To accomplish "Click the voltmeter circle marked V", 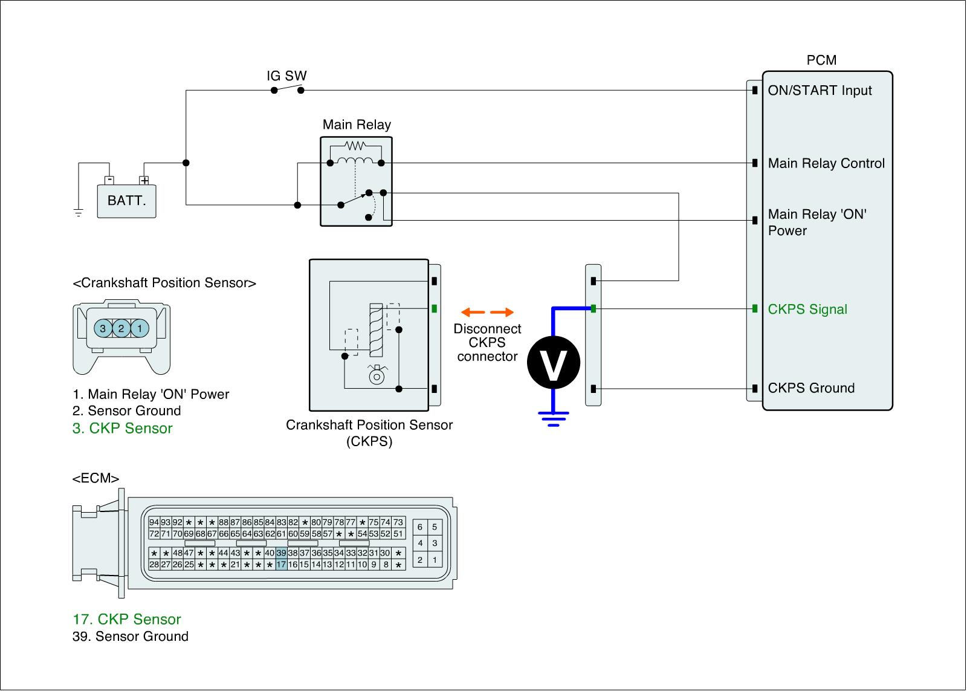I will click(x=553, y=363).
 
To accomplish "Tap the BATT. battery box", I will click(x=127, y=201).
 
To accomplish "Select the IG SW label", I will click(x=286, y=76).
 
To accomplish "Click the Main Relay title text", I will click(x=357, y=125).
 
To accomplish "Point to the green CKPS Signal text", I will click(x=807, y=310).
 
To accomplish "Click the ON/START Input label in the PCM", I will click(x=820, y=91).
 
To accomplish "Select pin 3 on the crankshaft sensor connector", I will click(x=103, y=328).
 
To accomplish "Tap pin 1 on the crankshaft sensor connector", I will click(x=140, y=328).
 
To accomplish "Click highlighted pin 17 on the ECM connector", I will click(x=281, y=565).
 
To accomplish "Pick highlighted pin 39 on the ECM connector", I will click(x=281, y=553).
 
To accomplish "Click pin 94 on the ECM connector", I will click(x=154, y=522).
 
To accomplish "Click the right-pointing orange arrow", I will click(x=502, y=313).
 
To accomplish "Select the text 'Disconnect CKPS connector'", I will click(x=487, y=343).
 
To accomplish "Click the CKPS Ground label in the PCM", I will click(x=811, y=388).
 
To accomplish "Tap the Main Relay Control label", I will click(x=826, y=163).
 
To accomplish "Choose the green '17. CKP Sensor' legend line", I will click(x=127, y=619).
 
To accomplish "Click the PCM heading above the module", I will click(x=821, y=60).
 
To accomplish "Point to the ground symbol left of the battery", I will click(x=78, y=212).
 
